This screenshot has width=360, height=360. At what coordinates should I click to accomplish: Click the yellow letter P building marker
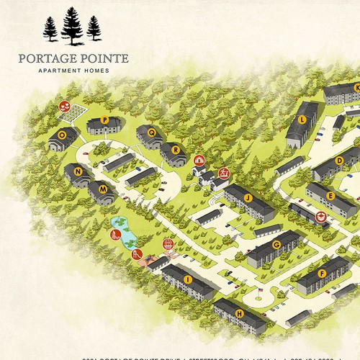click(104, 120)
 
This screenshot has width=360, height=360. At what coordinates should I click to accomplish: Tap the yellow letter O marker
click(63, 134)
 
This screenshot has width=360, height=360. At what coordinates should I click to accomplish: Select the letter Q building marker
click(151, 132)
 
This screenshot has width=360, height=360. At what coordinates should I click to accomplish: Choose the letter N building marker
click(76, 171)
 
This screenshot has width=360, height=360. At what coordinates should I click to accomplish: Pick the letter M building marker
click(103, 189)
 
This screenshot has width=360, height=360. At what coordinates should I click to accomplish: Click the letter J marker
click(248, 197)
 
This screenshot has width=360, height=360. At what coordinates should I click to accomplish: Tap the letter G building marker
click(276, 245)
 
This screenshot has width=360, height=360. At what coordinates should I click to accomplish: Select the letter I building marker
click(187, 279)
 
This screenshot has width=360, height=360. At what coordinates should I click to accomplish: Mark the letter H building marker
click(240, 313)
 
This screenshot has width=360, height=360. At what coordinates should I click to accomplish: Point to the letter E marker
click(330, 195)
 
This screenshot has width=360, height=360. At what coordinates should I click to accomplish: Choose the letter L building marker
click(302, 119)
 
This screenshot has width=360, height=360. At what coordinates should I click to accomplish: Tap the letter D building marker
click(339, 160)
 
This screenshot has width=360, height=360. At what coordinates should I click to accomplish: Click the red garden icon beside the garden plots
click(64, 107)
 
